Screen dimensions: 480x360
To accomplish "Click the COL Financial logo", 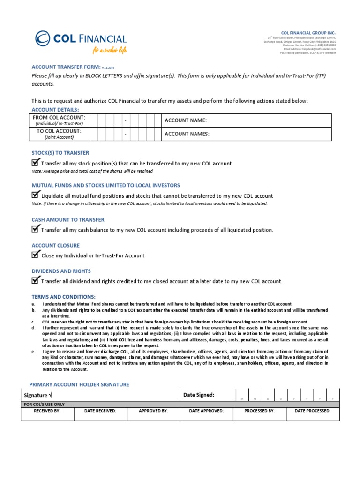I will pos(81,39).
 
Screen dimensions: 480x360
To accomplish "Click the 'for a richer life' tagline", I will pos(109,50).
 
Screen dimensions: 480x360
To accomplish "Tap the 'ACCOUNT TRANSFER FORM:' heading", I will pos(66,67).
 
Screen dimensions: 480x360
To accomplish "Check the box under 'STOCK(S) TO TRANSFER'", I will pos(35,163).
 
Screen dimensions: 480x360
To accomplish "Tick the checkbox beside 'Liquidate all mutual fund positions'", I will pos(35,195).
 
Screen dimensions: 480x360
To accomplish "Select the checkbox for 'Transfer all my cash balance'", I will pos(35,229).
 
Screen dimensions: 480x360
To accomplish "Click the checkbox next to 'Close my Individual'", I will pos(35,255).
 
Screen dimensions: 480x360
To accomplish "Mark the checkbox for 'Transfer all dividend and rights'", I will pos(35,281).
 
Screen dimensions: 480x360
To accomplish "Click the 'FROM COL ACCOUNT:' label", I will pos(59,117).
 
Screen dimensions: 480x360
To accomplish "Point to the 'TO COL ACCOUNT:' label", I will pos(59,131).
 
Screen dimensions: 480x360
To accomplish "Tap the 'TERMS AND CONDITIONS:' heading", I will pos(63,297).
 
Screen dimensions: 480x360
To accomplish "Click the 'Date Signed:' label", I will pos(199,395).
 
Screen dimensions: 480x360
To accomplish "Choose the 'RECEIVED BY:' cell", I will pos(47,411).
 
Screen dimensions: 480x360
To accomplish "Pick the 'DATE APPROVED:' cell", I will pos(206,411).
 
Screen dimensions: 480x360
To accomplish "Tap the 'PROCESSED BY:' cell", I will pos(259,411).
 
